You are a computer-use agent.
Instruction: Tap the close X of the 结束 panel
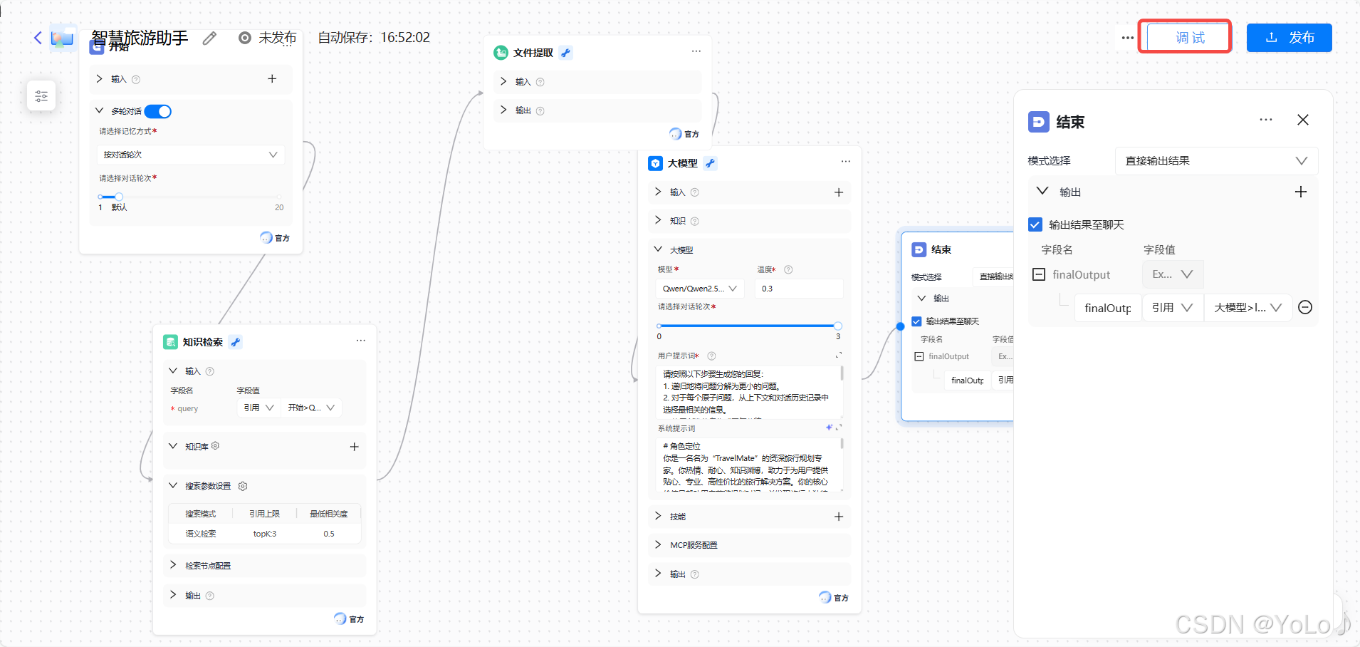1303,120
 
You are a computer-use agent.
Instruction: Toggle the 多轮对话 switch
158,111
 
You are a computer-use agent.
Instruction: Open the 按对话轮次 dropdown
190,155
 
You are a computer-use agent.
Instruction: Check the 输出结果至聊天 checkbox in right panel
1035,224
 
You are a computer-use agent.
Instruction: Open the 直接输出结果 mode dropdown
1215,161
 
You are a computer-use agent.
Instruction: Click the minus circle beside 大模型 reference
1305,307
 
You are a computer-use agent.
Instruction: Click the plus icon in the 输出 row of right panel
1301,192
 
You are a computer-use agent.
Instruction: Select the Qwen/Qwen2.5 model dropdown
699,289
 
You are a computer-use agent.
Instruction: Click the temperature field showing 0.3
797,289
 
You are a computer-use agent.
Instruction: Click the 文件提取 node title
533,53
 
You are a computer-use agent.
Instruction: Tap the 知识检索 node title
202,342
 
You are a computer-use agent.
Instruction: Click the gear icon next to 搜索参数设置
243,486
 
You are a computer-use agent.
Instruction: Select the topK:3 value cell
265,534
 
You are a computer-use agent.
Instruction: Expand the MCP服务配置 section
693,545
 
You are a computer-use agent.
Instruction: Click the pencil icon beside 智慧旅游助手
209,38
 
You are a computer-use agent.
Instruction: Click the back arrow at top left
38,38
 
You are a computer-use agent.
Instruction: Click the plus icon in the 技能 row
839,517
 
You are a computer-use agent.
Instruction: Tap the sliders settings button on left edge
41,96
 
